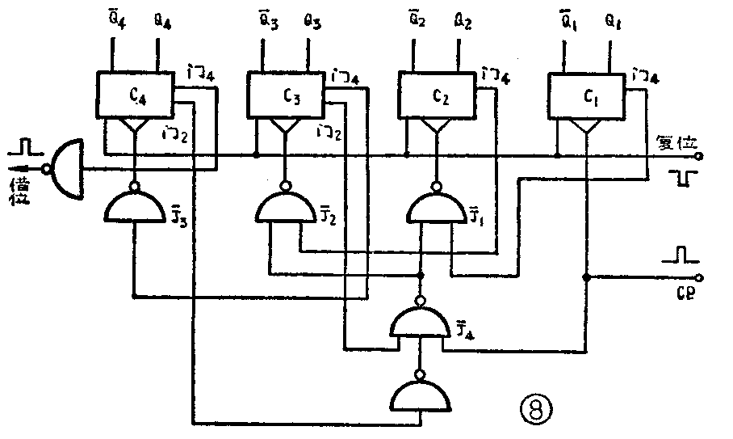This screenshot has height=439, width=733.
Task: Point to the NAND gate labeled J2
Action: coord(283,209)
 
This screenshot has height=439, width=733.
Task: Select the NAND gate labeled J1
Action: coord(435,209)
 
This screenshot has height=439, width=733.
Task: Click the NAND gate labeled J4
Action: coord(420,323)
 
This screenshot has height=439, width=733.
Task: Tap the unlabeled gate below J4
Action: coord(420,396)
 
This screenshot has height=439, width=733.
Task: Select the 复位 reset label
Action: coord(676,142)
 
